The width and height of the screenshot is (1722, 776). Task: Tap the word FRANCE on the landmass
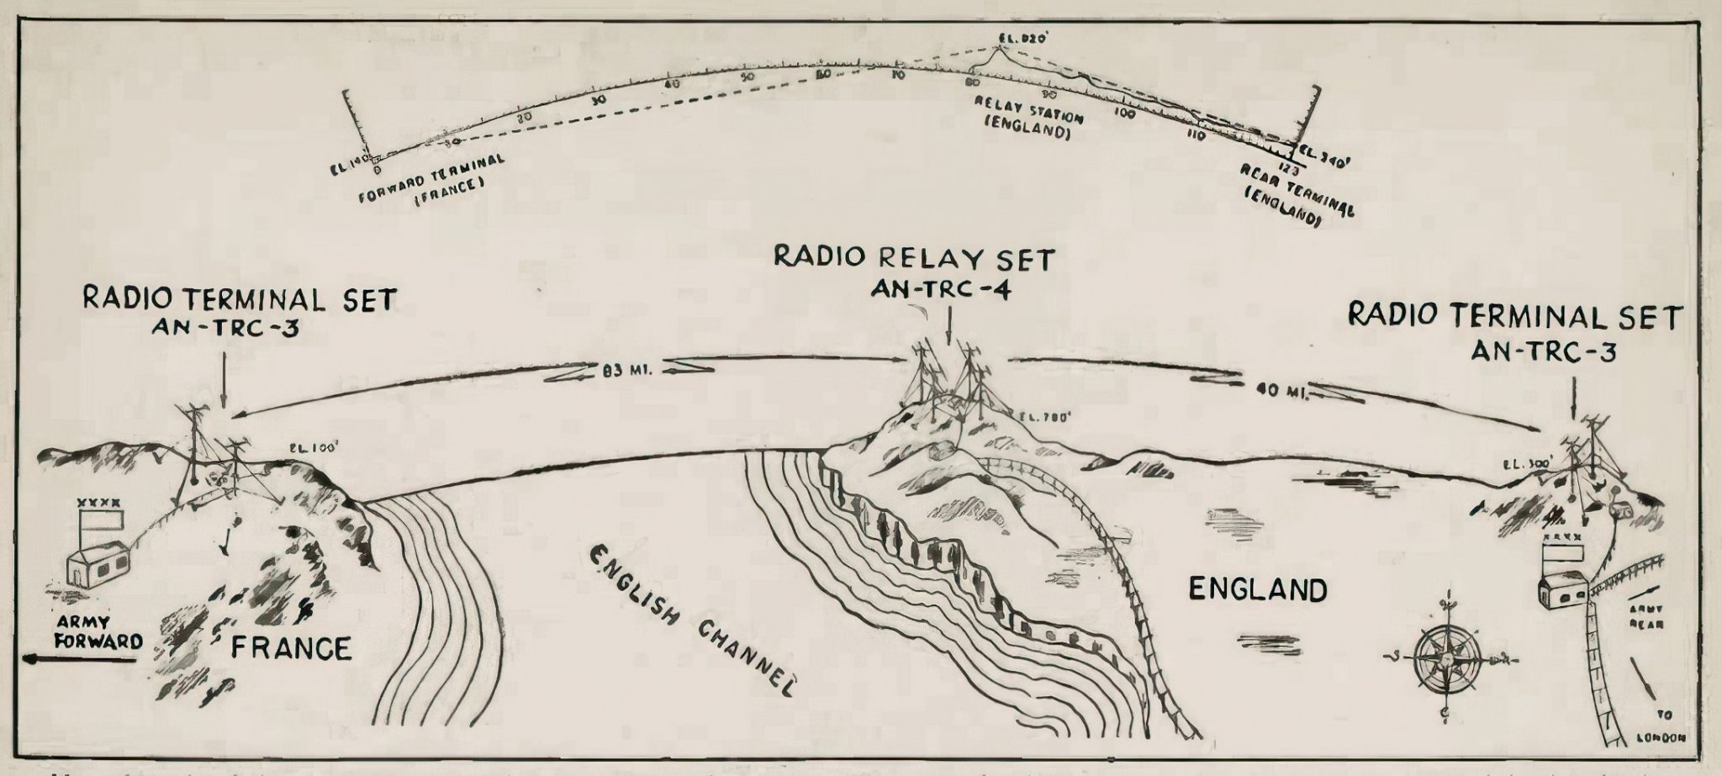point(291,648)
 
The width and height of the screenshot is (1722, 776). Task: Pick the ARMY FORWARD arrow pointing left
point(80,661)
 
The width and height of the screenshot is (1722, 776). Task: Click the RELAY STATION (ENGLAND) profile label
point(1028,127)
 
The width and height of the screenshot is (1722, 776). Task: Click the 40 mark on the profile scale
point(671,84)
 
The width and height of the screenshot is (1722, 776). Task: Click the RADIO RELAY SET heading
point(914,257)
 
